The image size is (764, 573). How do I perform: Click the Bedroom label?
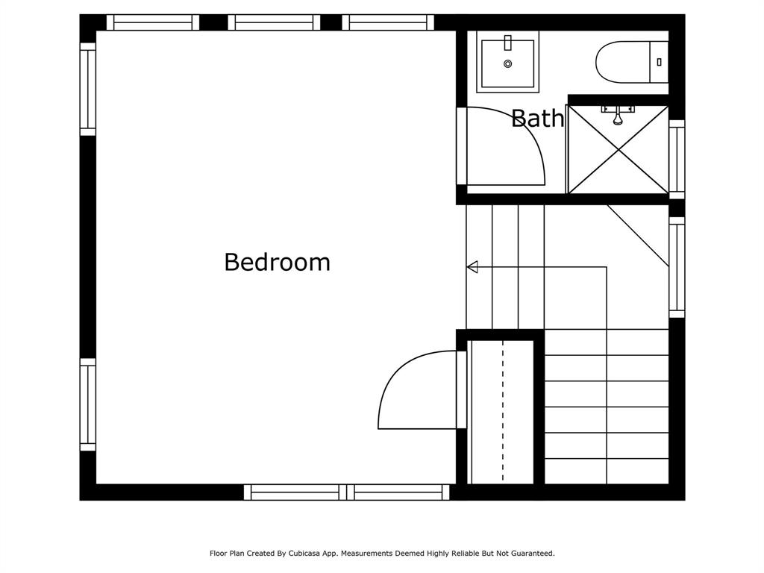277,262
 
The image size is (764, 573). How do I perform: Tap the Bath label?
537,119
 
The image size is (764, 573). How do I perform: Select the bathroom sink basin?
507,63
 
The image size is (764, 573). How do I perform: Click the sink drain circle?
507,64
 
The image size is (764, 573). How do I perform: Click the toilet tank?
660,60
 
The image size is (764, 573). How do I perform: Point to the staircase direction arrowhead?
472,267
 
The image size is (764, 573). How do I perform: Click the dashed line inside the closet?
503,410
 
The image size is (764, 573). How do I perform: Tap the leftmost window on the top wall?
153,22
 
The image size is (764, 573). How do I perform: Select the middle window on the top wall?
274,22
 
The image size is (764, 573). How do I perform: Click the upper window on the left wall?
88,89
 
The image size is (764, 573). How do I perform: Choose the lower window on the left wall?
88,404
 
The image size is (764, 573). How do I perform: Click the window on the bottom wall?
347,492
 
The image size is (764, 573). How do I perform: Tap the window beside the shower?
677,159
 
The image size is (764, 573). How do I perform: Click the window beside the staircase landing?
677,267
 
